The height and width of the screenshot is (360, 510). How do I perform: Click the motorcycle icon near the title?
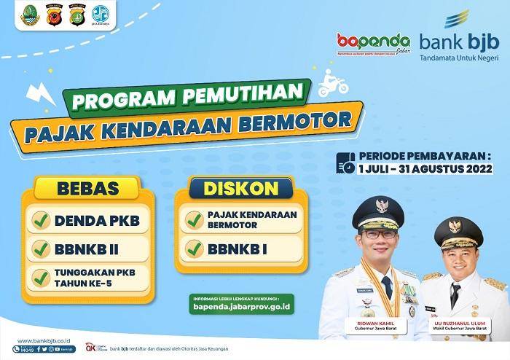(x=333, y=85)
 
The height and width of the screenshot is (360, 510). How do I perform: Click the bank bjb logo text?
(x=460, y=41)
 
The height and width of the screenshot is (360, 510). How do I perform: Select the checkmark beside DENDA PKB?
(x=42, y=220)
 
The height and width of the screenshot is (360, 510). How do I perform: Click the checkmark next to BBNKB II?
(x=42, y=249)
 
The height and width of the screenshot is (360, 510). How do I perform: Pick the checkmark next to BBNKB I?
(x=194, y=249)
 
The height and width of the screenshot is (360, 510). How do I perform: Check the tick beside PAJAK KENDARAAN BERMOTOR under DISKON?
(x=194, y=219)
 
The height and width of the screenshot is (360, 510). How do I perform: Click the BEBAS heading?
(x=87, y=189)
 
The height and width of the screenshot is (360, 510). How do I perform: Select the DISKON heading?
(x=241, y=189)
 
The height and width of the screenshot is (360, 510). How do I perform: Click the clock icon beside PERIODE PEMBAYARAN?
(x=345, y=163)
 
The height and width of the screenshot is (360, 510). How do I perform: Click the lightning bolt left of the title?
(x=37, y=95)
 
